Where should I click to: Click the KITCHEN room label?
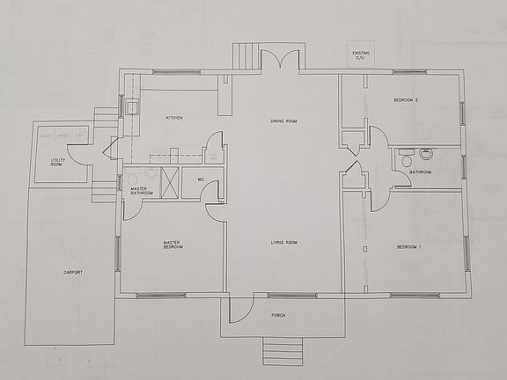[174, 119]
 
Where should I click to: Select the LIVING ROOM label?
[283, 241]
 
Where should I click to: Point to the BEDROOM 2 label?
[406, 101]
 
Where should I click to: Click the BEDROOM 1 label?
[409, 247]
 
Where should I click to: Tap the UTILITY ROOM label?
[57, 163]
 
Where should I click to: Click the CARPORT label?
[72, 274]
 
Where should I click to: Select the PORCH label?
[278, 315]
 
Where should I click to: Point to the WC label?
[201, 180]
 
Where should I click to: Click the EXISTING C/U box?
[362, 55]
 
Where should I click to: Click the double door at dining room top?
[284, 62]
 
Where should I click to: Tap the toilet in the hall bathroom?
[406, 159]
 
